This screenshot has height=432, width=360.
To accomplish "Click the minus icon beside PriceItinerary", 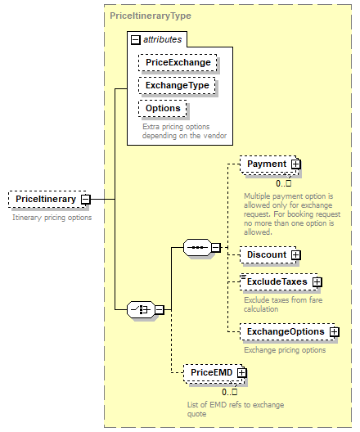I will click(x=85, y=199).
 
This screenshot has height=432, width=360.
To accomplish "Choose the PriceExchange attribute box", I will click(x=178, y=62).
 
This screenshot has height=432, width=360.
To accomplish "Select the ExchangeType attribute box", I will click(x=177, y=85).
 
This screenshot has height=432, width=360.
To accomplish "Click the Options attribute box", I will click(x=163, y=108).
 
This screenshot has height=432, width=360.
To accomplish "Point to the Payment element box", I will click(x=267, y=164).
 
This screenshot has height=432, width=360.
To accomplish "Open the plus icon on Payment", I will click(x=295, y=164).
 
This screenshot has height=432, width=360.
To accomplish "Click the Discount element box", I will click(x=267, y=254).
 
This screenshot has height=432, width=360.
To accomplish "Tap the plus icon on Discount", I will click(x=295, y=254).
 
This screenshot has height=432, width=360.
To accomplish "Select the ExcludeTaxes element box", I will click(x=277, y=281).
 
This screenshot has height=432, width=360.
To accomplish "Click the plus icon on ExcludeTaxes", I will click(x=317, y=282).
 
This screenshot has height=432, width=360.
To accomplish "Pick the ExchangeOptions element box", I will click(x=286, y=331).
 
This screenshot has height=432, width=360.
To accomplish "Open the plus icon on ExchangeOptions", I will click(x=334, y=331).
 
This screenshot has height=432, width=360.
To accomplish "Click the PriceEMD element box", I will click(x=210, y=372).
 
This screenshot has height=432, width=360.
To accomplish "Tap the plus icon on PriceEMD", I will click(x=241, y=373).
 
